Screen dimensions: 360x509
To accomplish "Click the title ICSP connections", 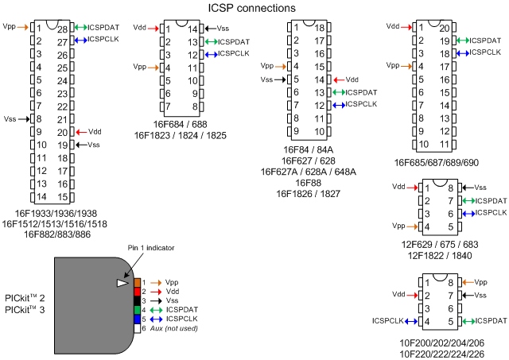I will pos(252,8).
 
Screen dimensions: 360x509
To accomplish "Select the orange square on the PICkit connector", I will pos(138,282).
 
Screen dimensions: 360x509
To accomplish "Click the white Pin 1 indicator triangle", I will pos(122,283).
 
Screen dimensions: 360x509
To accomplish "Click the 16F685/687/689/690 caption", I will pos(437,161).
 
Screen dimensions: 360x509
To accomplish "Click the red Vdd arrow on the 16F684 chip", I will pos(157,28).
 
